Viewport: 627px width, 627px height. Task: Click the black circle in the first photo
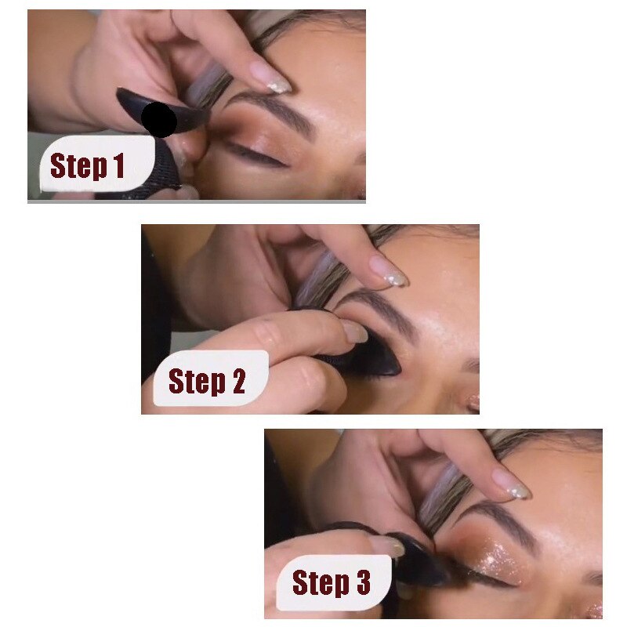click(160, 120)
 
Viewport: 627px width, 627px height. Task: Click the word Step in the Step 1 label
click(78, 166)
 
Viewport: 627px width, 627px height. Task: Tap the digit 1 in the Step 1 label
click(119, 166)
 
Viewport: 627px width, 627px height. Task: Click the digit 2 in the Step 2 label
click(237, 381)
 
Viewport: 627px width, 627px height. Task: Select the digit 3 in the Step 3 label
click(362, 583)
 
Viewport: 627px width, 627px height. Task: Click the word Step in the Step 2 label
click(196, 381)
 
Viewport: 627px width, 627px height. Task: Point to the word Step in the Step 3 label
click(320, 583)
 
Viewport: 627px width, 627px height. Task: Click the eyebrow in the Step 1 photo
click(270, 110)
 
